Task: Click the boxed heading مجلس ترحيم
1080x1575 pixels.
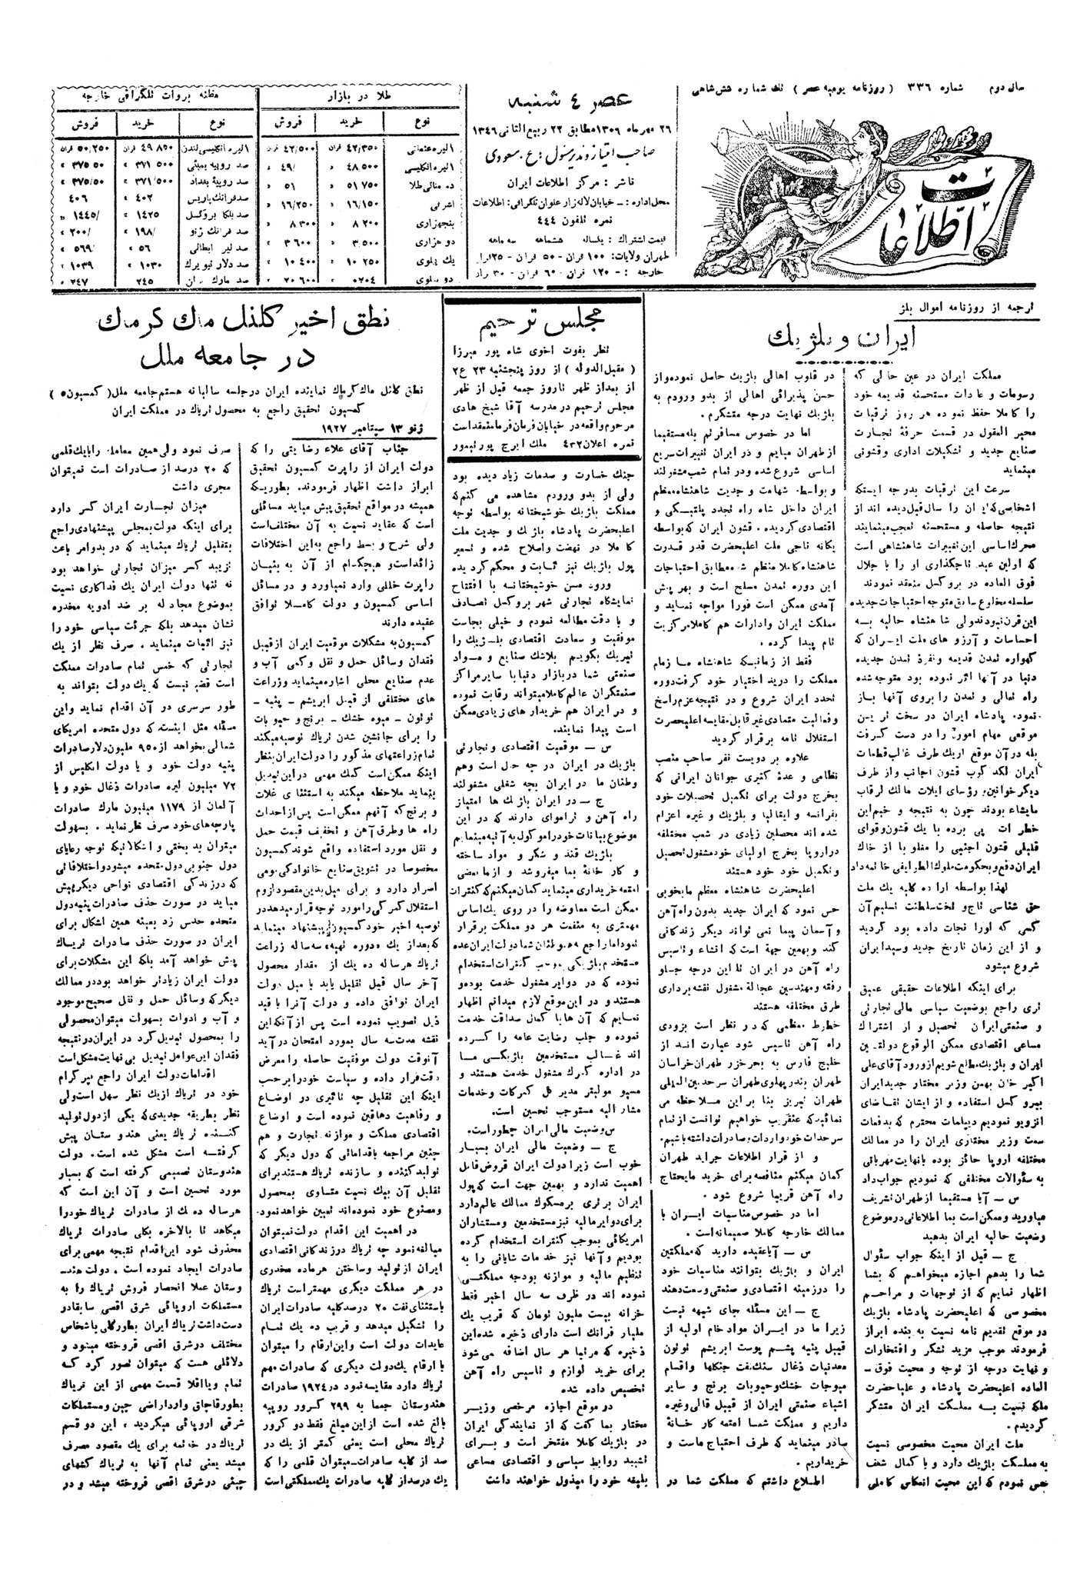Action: click(x=545, y=322)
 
